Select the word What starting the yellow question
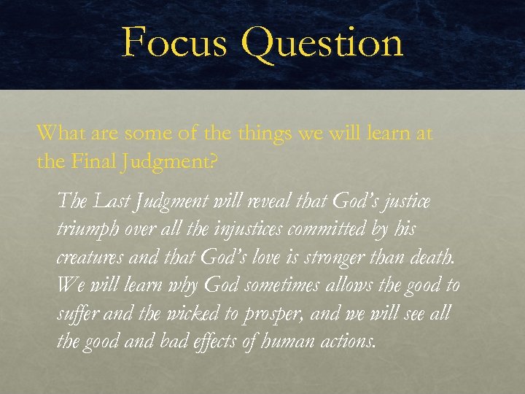[x=59, y=133]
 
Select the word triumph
[x=86, y=230]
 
